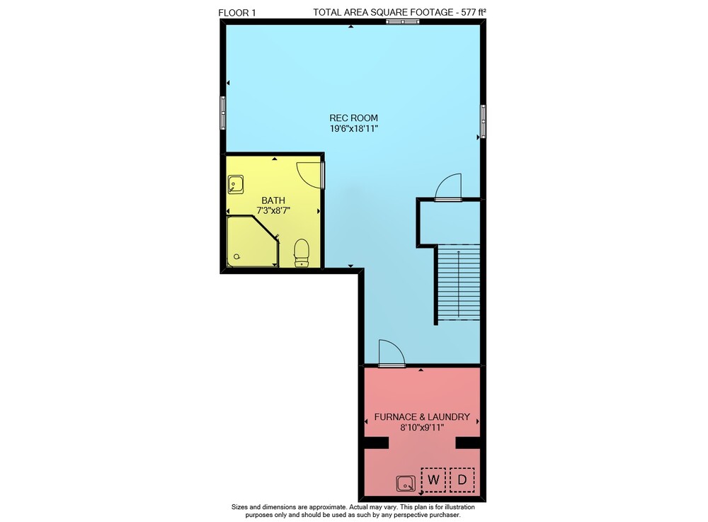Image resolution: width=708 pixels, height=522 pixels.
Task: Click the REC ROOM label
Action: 353,118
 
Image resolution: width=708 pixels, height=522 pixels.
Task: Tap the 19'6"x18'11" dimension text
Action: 353,129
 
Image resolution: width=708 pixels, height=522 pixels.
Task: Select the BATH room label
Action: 273,200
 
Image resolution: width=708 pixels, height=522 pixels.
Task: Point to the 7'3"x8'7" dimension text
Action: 273,210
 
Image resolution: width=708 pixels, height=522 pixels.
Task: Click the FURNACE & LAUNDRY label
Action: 422,416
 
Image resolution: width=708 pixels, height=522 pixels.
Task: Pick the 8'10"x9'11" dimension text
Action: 422,427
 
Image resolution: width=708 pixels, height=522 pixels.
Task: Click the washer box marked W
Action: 433,480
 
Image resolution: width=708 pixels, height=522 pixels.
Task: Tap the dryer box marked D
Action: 462,480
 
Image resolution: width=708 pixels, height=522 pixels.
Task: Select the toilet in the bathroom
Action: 302,253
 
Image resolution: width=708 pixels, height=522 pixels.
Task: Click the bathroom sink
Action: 236,185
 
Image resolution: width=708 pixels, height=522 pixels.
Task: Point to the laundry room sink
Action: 406,484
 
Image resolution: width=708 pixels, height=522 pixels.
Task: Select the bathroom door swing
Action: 311,175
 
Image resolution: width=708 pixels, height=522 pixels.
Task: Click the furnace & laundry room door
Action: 392,353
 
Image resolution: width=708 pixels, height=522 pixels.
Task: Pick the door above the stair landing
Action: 448,187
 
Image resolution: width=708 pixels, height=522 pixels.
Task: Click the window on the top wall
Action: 402,21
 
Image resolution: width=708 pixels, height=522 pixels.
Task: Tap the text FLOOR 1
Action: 237,13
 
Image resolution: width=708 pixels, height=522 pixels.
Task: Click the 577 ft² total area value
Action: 474,12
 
